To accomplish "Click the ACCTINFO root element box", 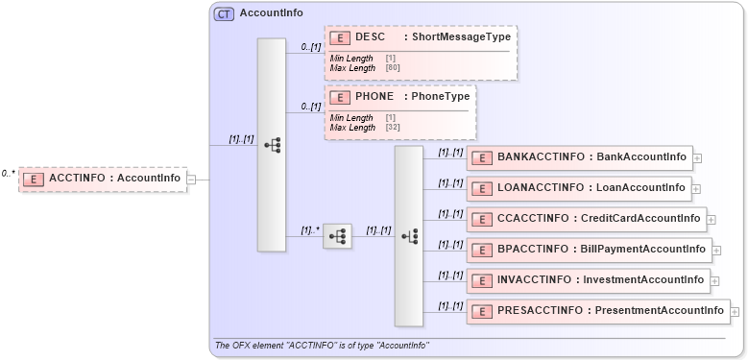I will click(x=103, y=178).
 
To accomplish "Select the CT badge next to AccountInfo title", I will click(x=224, y=13).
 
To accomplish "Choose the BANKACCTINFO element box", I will click(x=579, y=157).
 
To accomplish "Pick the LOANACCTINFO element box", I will click(x=579, y=188).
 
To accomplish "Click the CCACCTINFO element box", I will click(x=586, y=219).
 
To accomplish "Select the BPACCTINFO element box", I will click(x=589, y=250).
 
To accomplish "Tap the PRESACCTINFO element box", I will click(x=597, y=311).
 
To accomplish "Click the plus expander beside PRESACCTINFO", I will click(x=736, y=312).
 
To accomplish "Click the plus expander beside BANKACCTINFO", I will click(x=697, y=158).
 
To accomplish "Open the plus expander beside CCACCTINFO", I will click(x=712, y=220).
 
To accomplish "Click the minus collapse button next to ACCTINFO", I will click(x=192, y=179).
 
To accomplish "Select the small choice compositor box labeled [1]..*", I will click(x=337, y=236).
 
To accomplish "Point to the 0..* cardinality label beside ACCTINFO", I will click(x=9, y=174).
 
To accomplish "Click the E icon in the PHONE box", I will click(x=340, y=97).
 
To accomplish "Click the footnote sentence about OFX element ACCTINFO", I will click(x=322, y=346).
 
